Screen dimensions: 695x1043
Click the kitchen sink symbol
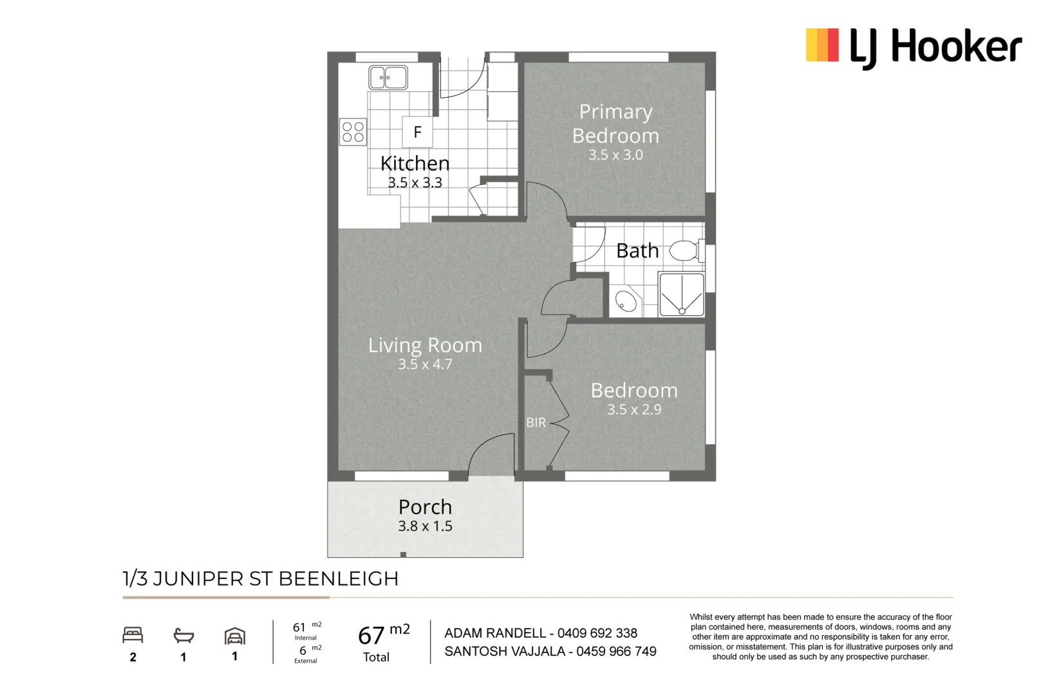pyautogui.click(x=388, y=77)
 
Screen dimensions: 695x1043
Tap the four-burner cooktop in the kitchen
pyautogui.click(x=353, y=132)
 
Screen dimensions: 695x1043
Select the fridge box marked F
pyautogui.click(x=417, y=132)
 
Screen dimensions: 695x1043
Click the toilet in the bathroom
pyautogui.click(x=684, y=250)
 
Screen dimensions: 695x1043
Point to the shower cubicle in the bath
pyautogui.click(x=681, y=295)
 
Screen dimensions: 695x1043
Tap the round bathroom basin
pyautogui.click(x=626, y=301)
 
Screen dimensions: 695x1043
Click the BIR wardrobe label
pyautogui.click(x=536, y=423)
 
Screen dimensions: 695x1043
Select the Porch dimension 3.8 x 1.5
pyautogui.click(x=425, y=526)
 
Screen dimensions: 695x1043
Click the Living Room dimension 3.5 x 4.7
pyautogui.click(x=425, y=364)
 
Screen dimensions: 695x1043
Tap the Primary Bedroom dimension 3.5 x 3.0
pyautogui.click(x=615, y=155)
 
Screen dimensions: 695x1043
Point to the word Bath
pyautogui.click(x=637, y=250)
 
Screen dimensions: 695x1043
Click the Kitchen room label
pyautogui.click(x=415, y=163)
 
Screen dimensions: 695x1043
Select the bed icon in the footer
pyautogui.click(x=133, y=636)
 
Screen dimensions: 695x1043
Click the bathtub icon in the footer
pyautogui.click(x=183, y=636)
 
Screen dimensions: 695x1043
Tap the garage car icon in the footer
pyautogui.click(x=235, y=636)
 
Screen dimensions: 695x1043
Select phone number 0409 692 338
pyautogui.click(x=597, y=633)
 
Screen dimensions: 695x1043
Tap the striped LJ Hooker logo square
pyautogui.click(x=822, y=45)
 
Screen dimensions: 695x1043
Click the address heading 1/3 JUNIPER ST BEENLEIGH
pyautogui.click(x=261, y=579)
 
